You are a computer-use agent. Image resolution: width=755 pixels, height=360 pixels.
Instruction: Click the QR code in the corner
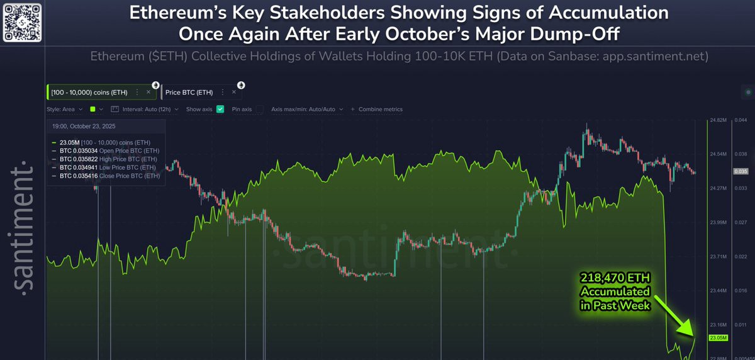[x=22, y=21]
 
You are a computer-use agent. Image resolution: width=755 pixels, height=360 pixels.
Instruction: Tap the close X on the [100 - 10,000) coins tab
[x=148, y=93]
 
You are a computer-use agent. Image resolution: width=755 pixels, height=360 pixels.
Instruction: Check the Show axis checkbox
[x=220, y=109]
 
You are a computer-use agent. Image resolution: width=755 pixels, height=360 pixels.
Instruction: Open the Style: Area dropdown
[x=64, y=109]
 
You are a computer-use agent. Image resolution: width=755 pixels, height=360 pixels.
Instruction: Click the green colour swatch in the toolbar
[x=93, y=109]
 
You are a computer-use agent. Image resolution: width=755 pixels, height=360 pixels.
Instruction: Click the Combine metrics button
[x=377, y=109]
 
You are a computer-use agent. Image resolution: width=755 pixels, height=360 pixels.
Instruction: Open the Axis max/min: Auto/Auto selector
[x=306, y=109]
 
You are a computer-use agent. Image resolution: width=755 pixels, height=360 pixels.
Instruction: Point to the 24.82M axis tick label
[x=717, y=120]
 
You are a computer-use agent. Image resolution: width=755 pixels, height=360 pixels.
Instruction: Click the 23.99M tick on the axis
[x=717, y=222]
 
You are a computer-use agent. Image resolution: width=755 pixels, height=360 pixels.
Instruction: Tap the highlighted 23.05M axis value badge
[x=718, y=338]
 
